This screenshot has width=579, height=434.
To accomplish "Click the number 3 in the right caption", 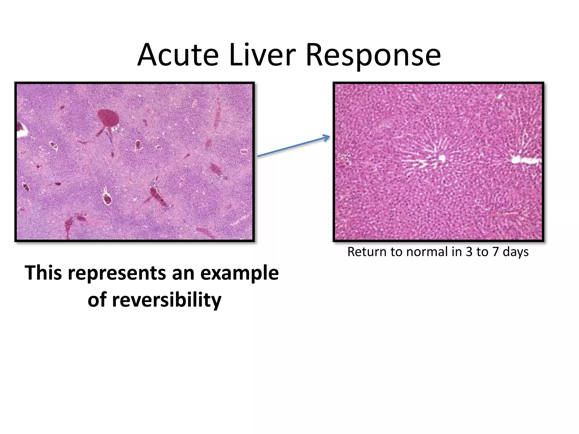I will click(469, 252).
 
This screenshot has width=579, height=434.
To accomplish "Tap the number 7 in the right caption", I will click(495, 252).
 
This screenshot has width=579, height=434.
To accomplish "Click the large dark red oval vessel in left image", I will click(108, 117).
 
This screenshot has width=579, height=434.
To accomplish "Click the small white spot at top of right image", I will click(500, 96).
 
